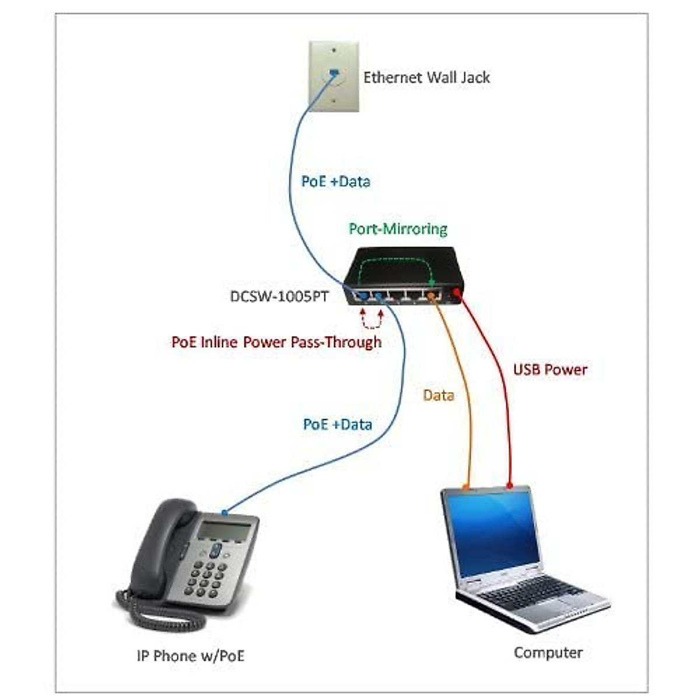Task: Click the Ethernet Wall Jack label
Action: (426, 78)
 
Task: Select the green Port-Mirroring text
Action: (398, 229)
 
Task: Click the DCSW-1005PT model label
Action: (279, 296)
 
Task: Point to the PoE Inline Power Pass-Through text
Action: (276, 342)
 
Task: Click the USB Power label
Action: (550, 369)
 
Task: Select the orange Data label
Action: (439, 395)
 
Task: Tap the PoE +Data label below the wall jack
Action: (335, 181)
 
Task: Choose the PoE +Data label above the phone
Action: (337, 424)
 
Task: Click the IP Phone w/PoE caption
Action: (190, 656)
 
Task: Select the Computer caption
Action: (548, 652)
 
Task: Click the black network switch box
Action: (402, 274)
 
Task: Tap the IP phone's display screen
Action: (224, 530)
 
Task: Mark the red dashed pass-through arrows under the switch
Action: (372, 319)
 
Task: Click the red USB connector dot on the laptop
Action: (509, 485)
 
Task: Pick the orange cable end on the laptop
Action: (466, 486)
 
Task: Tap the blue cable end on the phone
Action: (225, 513)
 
